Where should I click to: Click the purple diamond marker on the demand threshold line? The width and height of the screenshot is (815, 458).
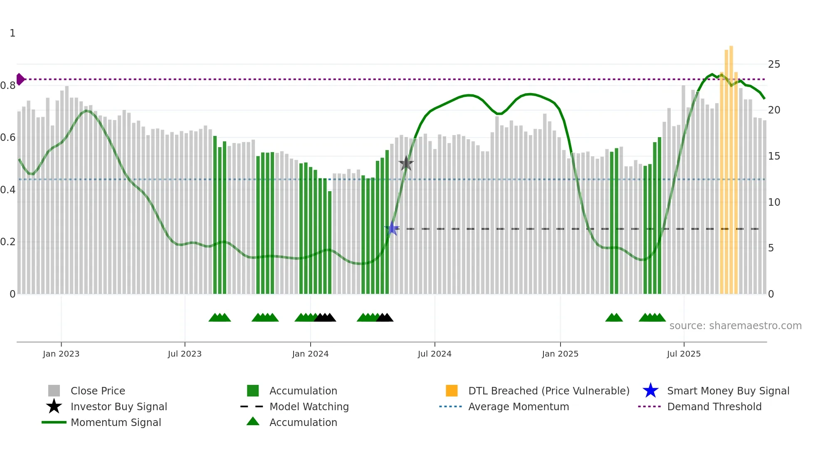tap(20, 79)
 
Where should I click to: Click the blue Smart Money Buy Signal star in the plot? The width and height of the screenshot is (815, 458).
tap(392, 228)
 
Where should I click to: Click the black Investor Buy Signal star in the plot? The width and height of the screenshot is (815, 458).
tap(406, 163)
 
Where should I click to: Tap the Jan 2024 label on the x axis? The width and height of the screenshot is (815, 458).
tap(310, 354)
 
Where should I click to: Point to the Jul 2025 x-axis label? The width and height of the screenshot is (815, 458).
tap(684, 354)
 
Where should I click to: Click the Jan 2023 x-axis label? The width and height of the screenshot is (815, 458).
tap(61, 354)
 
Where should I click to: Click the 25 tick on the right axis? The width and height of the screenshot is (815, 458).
tap(774, 64)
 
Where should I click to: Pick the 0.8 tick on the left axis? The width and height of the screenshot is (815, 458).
tap(8, 86)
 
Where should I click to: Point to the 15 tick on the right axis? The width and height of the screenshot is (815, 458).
tap(774, 156)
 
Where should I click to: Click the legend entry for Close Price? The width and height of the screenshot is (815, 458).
tap(98, 391)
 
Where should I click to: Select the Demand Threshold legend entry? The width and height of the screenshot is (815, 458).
tap(714, 406)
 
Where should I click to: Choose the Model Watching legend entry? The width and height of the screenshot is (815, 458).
tap(309, 406)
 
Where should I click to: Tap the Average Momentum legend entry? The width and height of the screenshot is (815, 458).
tap(518, 406)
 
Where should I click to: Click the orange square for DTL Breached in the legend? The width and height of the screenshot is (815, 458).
tap(452, 391)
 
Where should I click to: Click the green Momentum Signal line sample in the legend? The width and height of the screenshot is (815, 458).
tap(54, 422)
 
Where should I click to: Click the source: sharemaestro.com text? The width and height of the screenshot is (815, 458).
tap(735, 325)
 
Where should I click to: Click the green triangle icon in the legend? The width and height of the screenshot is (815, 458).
tap(253, 421)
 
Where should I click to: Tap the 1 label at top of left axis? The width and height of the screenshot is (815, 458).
tap(12, 33)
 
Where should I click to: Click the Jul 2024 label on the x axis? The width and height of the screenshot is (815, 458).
tap(435, 354)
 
